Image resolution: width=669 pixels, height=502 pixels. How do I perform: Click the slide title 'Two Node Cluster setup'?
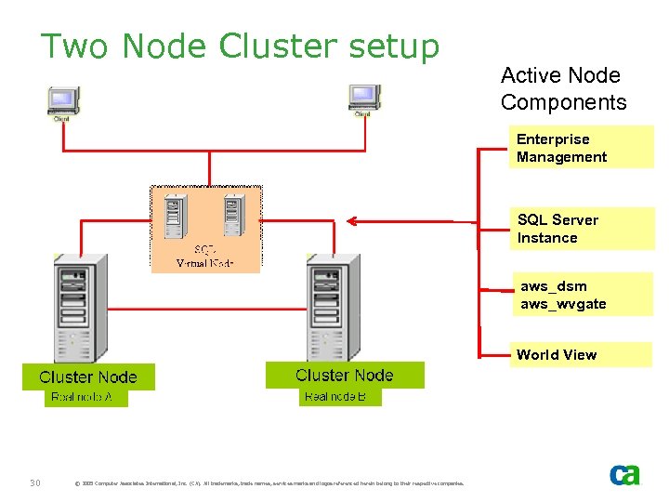[x=240, y=46]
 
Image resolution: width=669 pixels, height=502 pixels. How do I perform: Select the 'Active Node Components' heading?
[x=563, y=88]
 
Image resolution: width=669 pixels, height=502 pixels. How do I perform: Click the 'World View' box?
[x=581, y=354]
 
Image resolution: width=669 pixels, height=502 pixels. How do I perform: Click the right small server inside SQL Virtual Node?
[x=234, y=214]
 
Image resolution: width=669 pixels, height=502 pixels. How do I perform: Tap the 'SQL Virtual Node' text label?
[x=205, y=257]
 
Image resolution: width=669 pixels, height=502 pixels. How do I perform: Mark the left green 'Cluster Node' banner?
[x=88, y=376]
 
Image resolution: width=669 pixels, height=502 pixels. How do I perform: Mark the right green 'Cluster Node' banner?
[x=345, y=375]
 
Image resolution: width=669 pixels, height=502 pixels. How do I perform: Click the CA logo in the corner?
[x=624, y=475]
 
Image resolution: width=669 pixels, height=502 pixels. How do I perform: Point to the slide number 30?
[x=34, y=482]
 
